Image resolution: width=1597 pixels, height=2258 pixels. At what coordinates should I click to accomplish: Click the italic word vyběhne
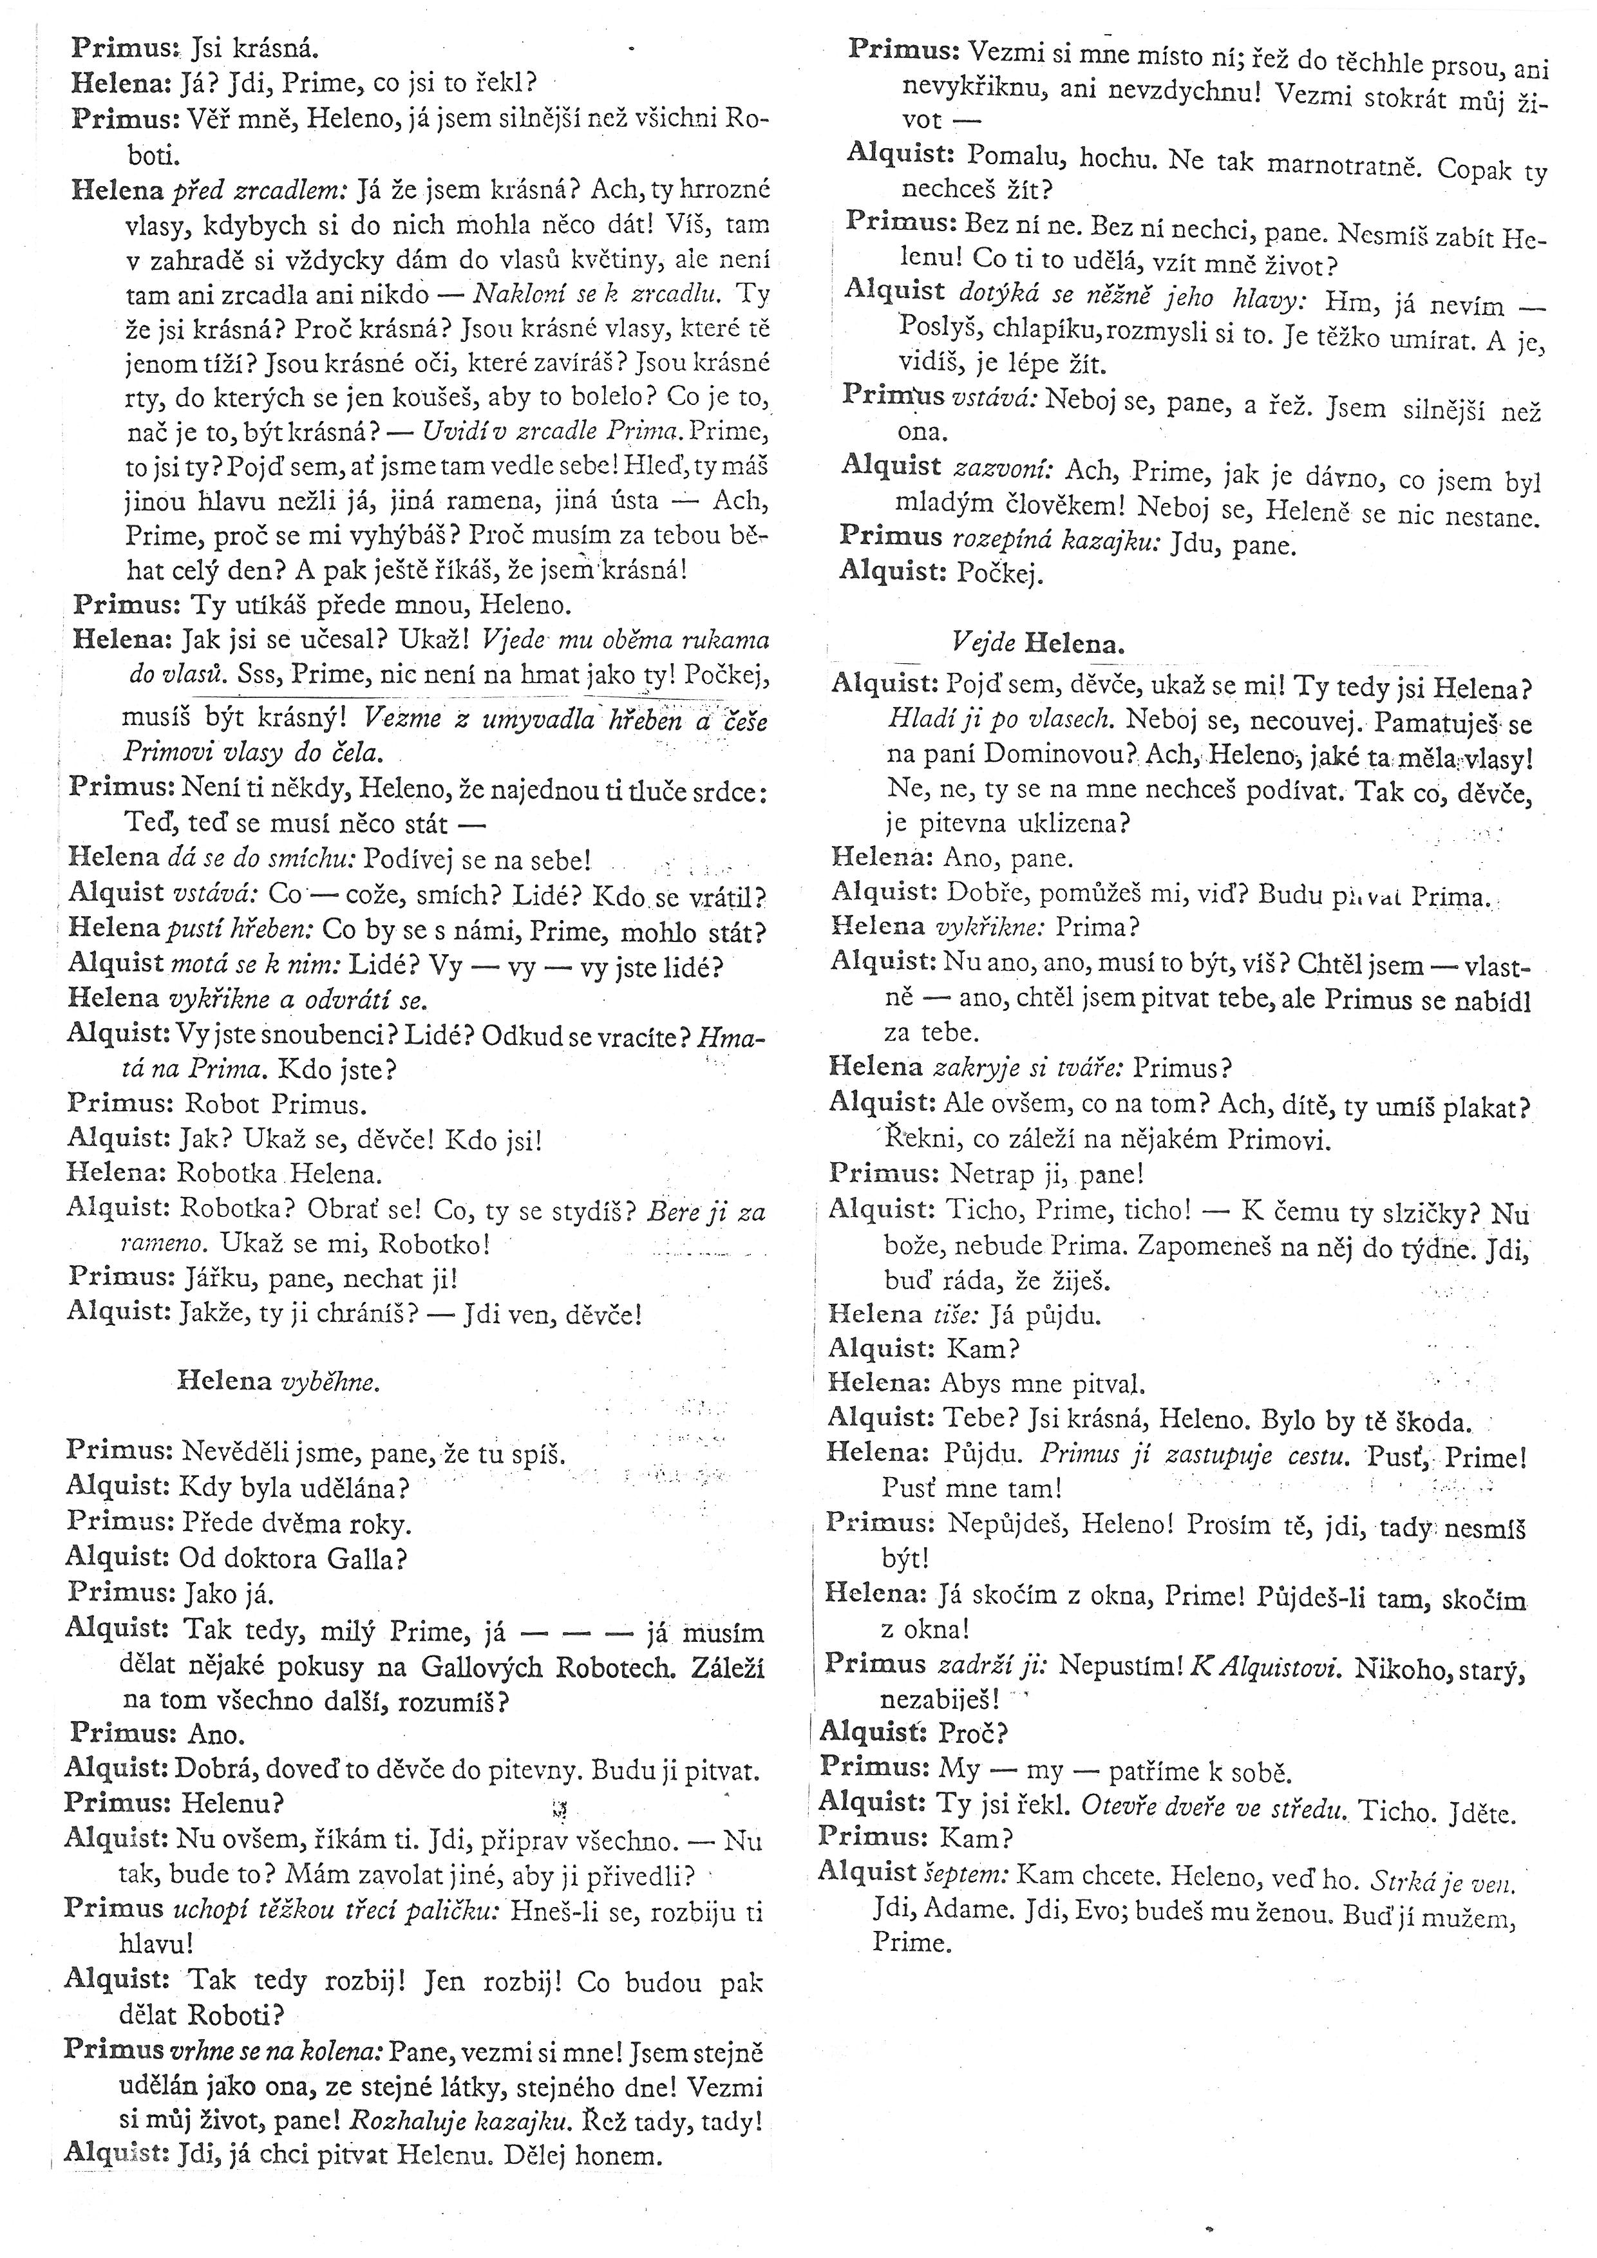click(330, 1381)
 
